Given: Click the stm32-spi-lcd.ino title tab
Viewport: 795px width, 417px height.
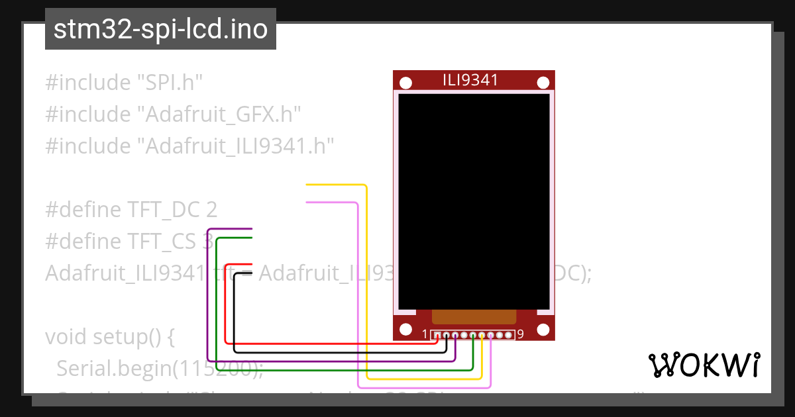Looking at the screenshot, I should (x=160, y=30).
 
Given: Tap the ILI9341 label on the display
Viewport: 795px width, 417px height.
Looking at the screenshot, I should (x=470, y=81).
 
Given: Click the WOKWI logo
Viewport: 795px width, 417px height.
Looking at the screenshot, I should (x=704, y=365).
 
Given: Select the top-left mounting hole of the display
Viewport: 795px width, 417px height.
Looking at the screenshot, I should (x=405, y=83).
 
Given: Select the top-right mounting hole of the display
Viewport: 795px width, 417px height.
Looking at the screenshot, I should (x=543, y=83).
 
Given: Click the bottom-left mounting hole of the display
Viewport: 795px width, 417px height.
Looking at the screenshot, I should (x=405, y=329).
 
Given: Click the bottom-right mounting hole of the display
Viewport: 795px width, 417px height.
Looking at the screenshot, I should (x=543, y=329).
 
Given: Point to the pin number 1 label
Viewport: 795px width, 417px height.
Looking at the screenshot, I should (x=425, y=334).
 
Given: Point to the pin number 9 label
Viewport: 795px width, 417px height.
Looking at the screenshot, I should (x=521, y=334).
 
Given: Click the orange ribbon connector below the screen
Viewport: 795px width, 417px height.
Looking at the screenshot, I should (x=473, y=316).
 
